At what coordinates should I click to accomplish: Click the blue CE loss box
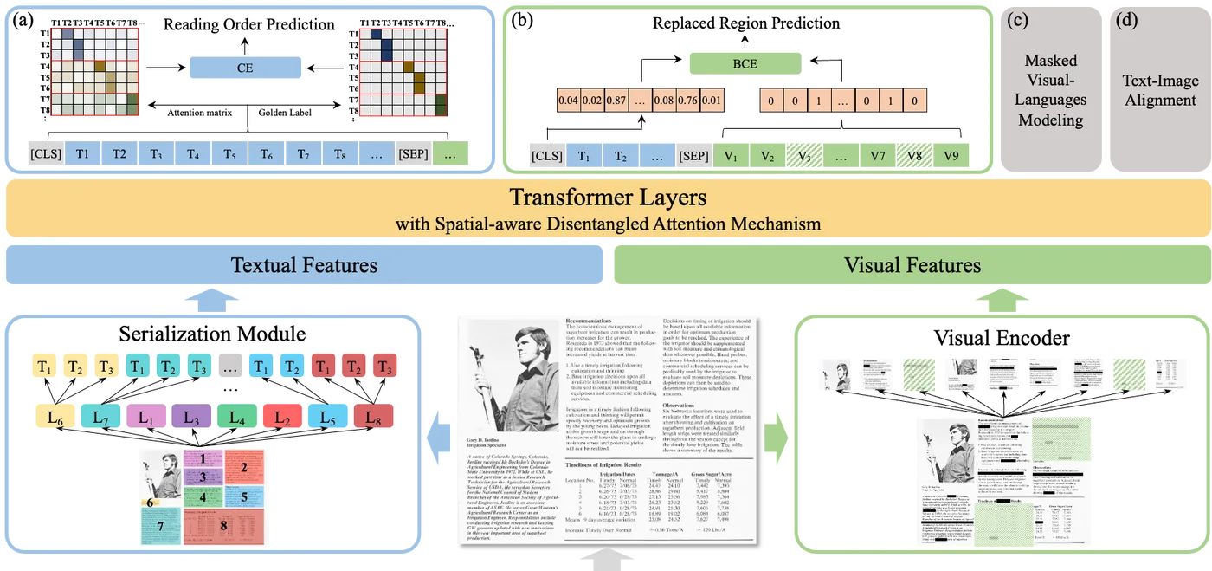[x=245, y=67]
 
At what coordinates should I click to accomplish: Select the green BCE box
[x=744, y=63]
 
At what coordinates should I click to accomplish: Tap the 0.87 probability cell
[x=620, y=101]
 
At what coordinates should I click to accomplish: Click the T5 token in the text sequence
[x=229, y=154]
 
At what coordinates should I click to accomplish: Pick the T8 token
[x=340, y=154]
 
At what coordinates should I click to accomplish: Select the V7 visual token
[x=878, y=156]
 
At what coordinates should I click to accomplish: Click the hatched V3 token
[x=803, y=156]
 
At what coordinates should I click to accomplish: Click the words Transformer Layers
[x=609, y=197]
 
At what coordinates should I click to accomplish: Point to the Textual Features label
[x=304, y=265]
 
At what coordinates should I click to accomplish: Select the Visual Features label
[x=912, y=265]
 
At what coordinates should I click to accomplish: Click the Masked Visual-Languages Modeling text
[x=1051, y=90]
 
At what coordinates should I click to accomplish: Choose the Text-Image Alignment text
[x=1160, y=90]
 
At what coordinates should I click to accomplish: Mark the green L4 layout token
[x=235, y=419]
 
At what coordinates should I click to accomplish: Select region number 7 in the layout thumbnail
[x=159, y=525]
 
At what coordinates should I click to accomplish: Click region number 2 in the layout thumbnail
[x=244, y=467]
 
